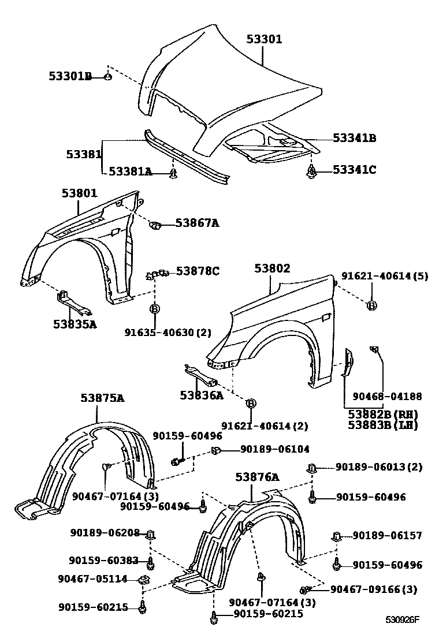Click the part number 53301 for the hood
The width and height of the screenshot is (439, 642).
pos(264,39)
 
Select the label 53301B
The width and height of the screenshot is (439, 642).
pos(70,76)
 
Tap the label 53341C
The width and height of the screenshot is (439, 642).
pos(355,170)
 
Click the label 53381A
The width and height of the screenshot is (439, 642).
pos(130,171)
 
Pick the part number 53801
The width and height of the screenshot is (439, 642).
pos(80,193)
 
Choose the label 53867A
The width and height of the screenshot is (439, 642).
pos(198,223)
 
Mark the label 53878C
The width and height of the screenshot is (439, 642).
pos(198,270)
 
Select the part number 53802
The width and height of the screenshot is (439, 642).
pos(273,268)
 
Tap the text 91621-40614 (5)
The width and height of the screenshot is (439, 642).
pos(384,276)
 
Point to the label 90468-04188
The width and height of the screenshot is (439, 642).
pos(387,397)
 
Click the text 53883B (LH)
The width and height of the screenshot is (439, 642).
pos(382,425)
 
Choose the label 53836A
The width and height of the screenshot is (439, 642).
pos(201,395)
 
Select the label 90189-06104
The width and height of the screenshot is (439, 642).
pos(274,449)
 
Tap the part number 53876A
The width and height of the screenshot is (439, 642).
pos(257,477)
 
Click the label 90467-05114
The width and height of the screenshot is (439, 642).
pos(92,578)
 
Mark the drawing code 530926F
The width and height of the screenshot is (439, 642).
pos(402,620)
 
